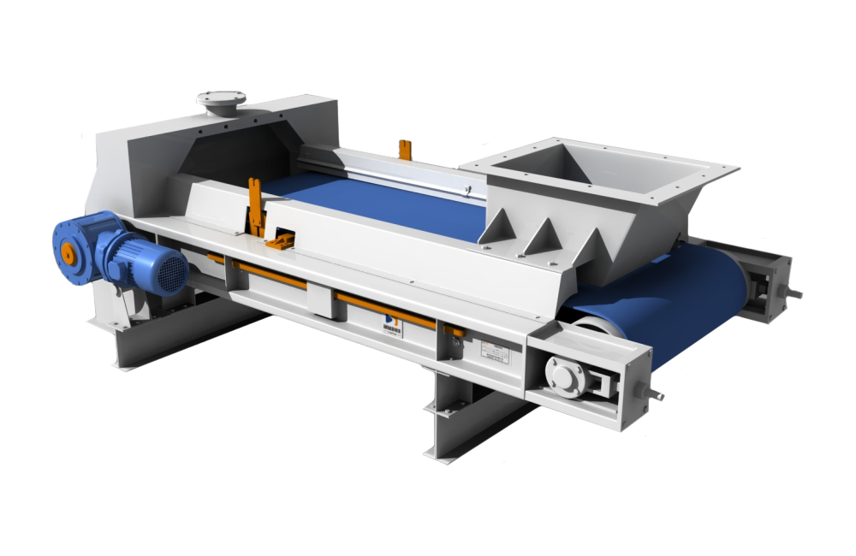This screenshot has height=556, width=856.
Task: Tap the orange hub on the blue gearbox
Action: [66, 254]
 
